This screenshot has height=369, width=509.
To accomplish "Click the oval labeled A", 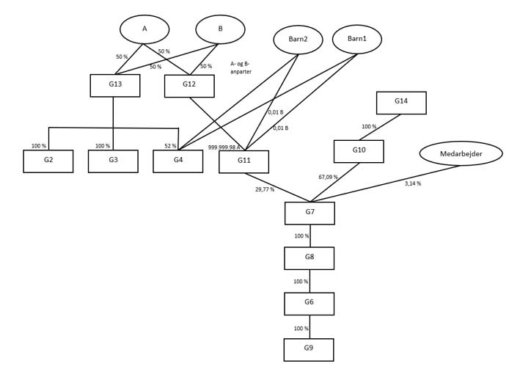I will pos(144,29).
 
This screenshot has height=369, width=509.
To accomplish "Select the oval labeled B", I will pos(220,29).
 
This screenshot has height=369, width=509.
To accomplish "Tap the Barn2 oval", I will pos(298,40).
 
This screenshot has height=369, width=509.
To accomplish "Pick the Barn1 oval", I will pos(356,39).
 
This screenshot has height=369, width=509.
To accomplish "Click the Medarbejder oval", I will pos(461,154).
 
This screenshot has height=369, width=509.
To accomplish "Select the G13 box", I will pos(115,85).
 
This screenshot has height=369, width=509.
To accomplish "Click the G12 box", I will pos(189,86).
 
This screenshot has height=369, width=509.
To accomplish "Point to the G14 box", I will pos(401,103).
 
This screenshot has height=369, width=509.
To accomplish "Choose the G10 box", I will pos(359,151).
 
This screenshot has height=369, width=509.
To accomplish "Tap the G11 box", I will pos(243,161).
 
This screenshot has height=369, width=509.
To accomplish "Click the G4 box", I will pos(178,161).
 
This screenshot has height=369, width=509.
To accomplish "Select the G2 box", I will pos(48,161).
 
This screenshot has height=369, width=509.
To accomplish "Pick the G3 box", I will pos(113,161).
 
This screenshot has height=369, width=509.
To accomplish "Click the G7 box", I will pos(310,213).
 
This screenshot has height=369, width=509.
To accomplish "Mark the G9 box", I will pos(309,349).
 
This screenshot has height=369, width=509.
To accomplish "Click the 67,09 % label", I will pos(329,177).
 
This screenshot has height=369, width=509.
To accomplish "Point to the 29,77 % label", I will pos(265,189).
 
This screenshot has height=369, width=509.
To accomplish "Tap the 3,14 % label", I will pos(413,183).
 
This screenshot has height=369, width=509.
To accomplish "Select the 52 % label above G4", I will pos(171,146).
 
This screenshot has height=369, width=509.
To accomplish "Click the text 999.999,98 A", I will pos(224,147).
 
